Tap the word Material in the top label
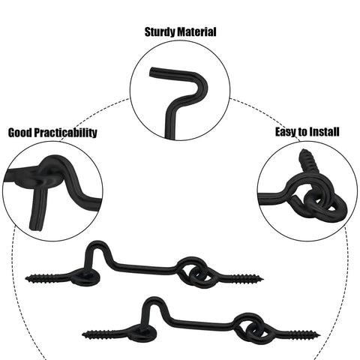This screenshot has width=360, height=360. (196, 32)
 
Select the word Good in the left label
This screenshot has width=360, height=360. (20, 133)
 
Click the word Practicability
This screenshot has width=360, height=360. (65, 133)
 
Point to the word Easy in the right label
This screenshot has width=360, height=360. (286, 132)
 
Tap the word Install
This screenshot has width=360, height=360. (324, 131)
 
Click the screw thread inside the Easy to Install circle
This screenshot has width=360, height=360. (306, 162)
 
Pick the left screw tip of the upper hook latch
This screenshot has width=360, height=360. (25, 278)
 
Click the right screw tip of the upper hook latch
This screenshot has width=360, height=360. (263, 278)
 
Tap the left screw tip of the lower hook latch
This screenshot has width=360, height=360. (83, 334)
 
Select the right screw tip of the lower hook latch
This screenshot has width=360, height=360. (319, 334)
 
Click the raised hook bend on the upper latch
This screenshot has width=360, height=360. (97, 244)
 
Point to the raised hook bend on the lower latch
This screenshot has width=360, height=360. (154, 300)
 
